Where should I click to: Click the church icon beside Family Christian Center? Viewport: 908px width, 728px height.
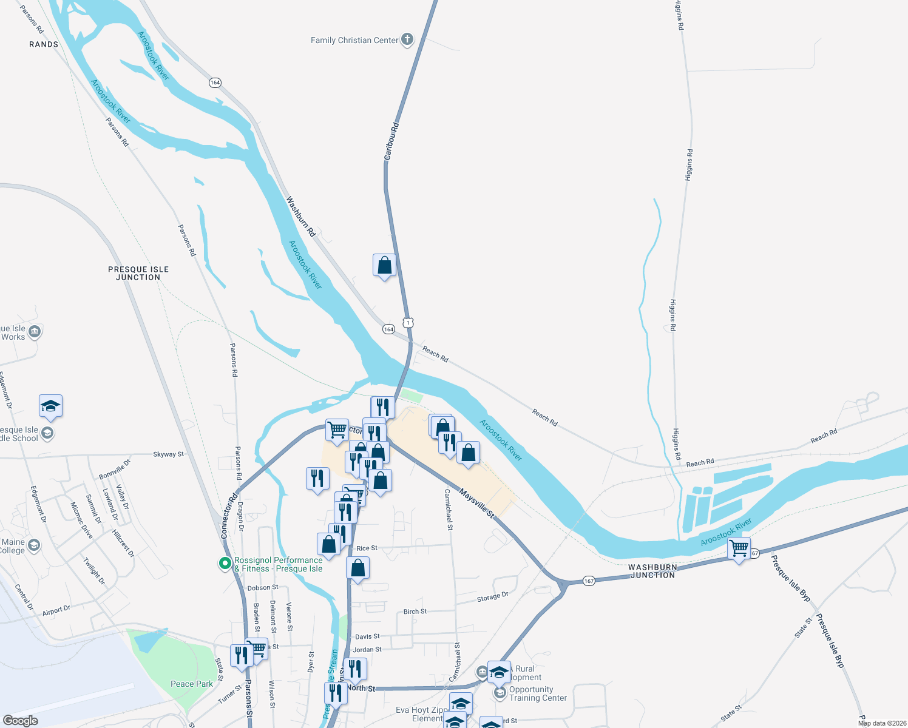pos(407,40)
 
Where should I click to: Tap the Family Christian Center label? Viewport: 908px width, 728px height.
pos(354,40)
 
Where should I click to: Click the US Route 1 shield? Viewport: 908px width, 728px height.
pos(408,322)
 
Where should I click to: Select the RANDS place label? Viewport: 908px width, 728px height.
pos(44,44)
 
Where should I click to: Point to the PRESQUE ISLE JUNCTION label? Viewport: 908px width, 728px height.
pos(138,273)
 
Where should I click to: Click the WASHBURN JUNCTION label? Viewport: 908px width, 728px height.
pos(652,571)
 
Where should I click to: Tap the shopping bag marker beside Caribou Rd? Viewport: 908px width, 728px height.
pos(384,266)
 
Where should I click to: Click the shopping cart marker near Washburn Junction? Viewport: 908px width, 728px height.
pos(739,548)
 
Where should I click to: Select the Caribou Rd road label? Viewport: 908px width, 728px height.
pos(391,141)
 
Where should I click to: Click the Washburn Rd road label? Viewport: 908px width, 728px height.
pos(301,216)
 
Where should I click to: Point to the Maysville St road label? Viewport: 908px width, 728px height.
pos(476,503)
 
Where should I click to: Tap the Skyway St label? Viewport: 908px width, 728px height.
pos(168,454)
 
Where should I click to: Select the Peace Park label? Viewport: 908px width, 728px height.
pos(192,684)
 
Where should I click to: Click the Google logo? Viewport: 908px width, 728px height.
pos(21,720)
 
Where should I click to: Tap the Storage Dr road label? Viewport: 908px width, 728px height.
pos(492,598)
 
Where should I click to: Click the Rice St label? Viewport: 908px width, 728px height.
pos(367,548)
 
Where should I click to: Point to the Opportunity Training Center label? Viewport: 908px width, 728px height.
pos(538,693)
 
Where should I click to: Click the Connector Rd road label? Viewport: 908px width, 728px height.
pos(229,516)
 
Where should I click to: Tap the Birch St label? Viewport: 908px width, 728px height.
pos(415,612)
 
